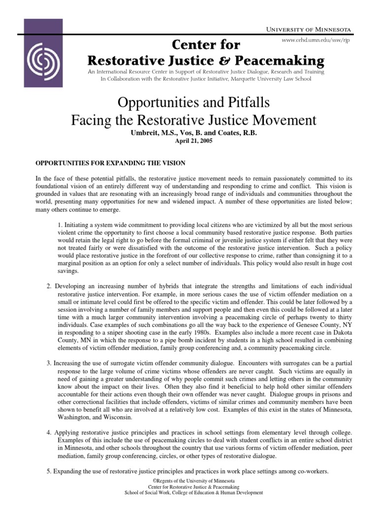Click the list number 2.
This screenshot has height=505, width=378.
point(49,287)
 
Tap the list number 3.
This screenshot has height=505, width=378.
point(49,363)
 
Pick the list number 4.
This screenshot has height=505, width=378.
point(49,433)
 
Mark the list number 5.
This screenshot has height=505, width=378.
point(49,472)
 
